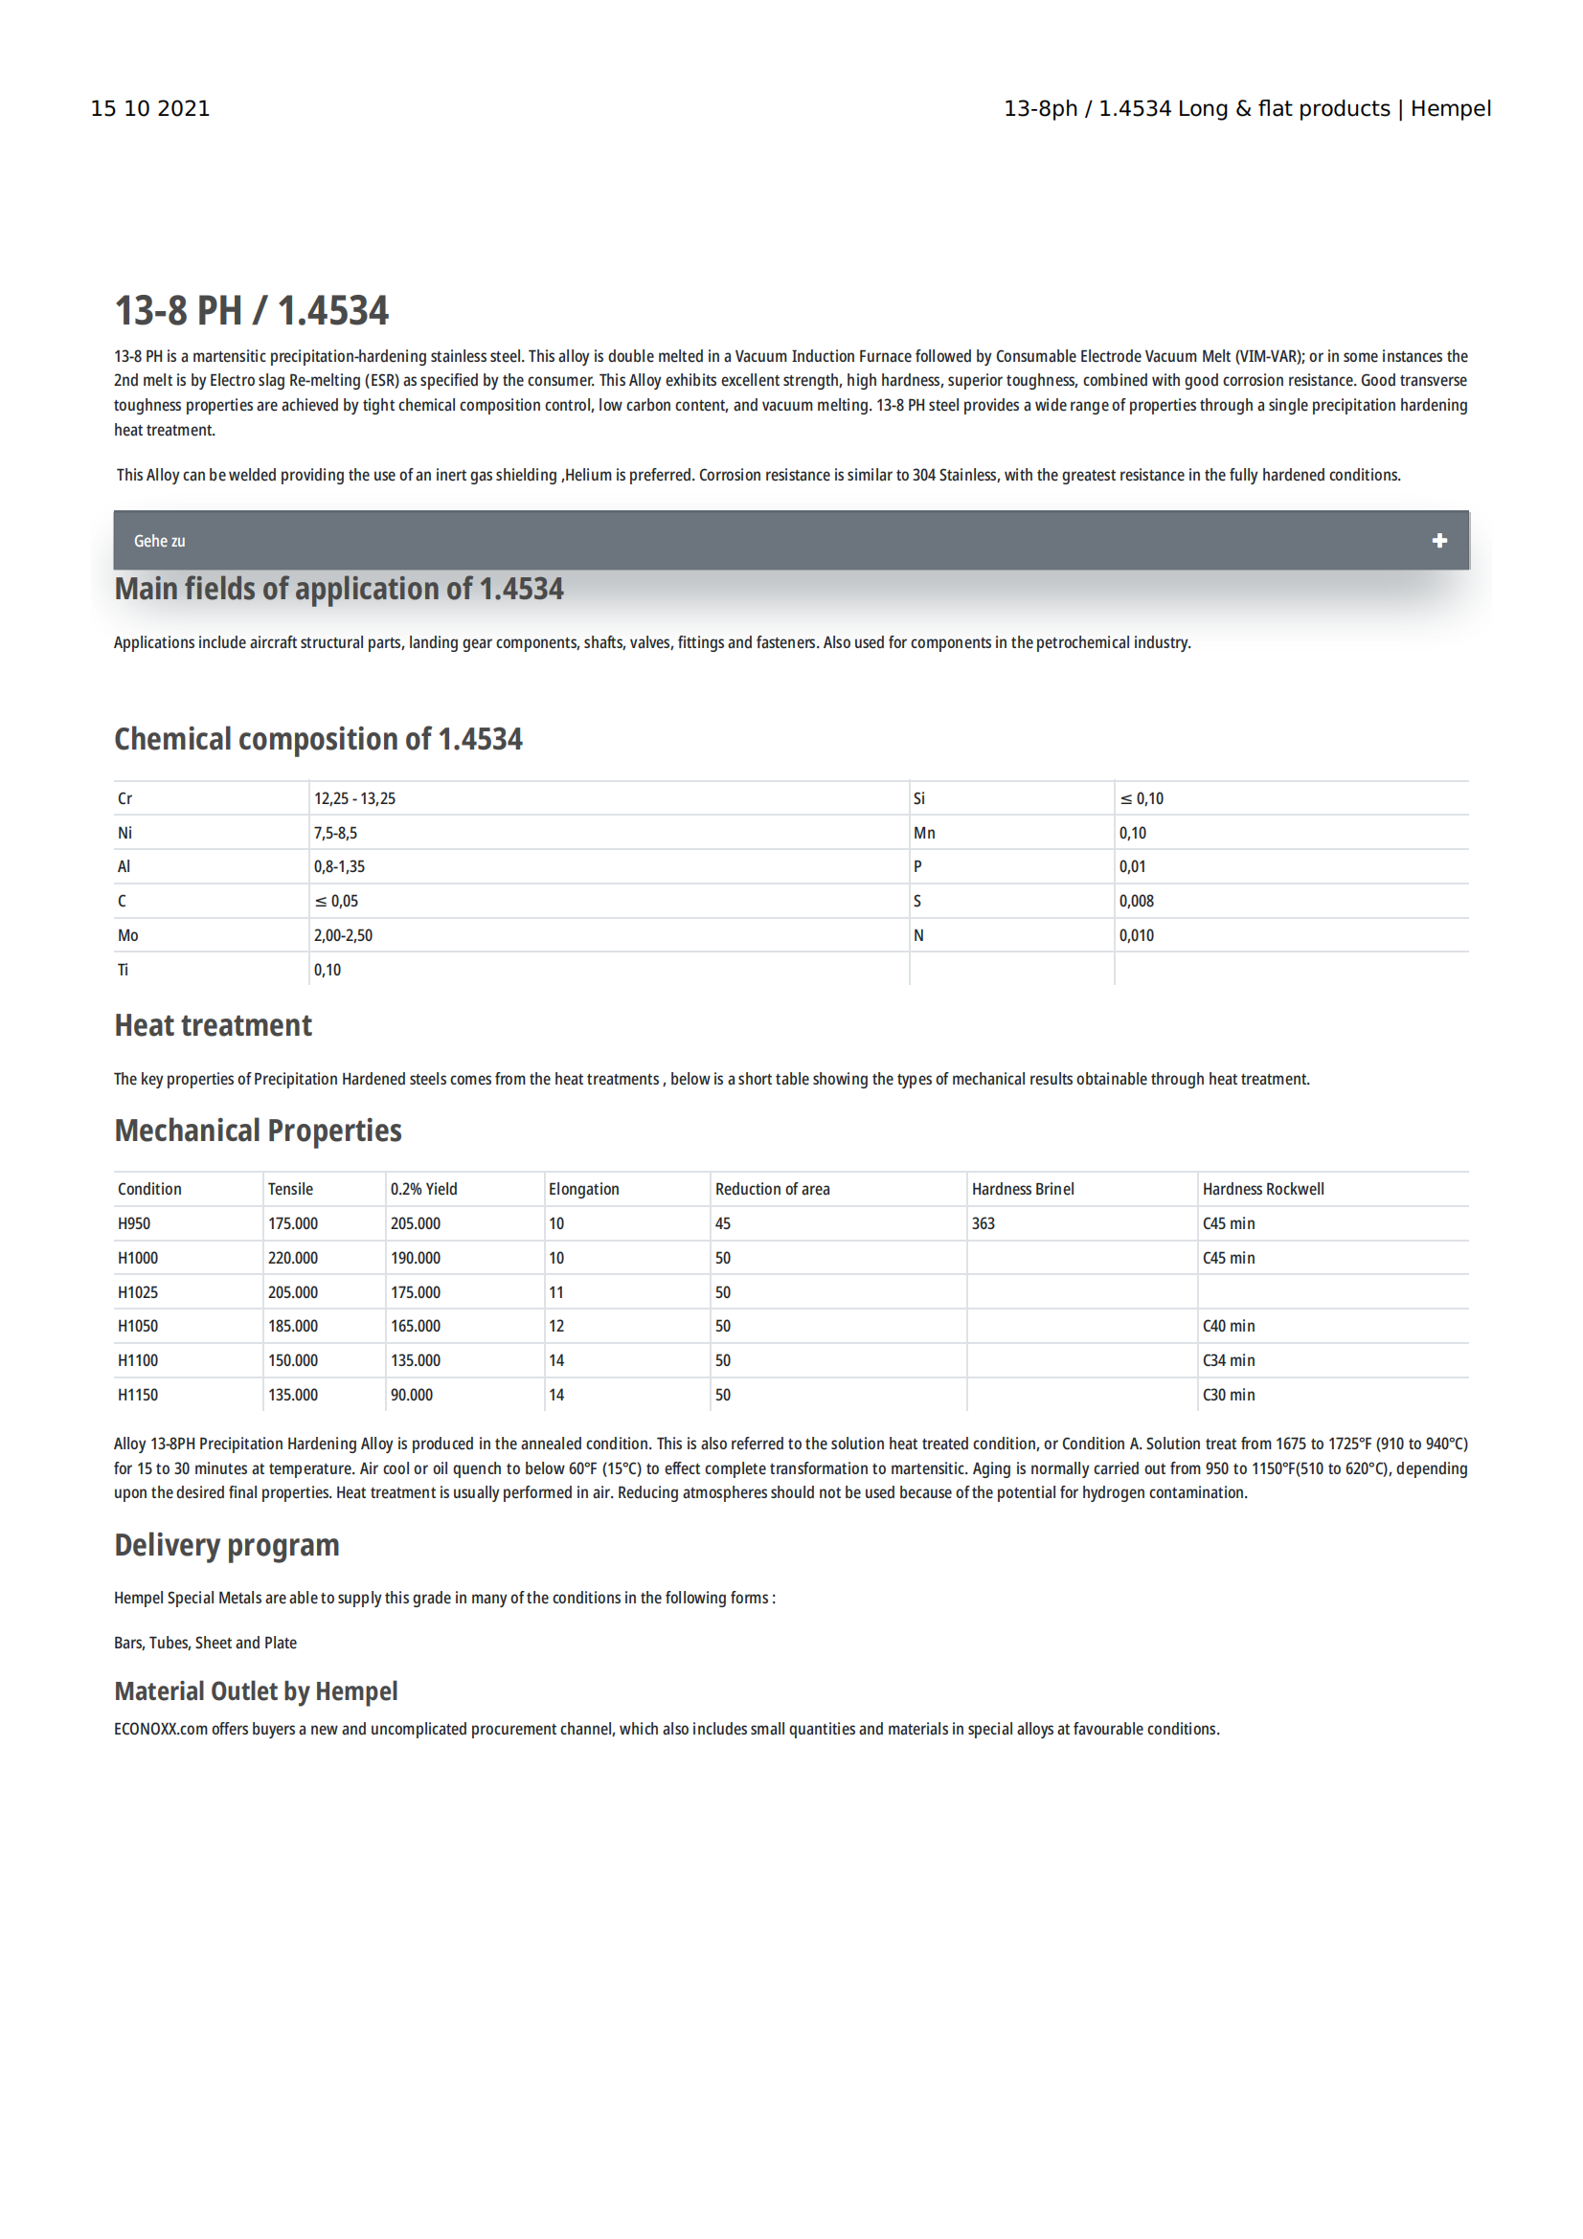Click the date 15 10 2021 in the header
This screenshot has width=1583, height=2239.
pos(150,108)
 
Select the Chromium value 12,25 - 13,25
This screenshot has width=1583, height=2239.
pos(354,798)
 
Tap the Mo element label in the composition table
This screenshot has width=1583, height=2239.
pos(127,935)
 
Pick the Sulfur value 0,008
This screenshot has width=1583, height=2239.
pos(1137,901)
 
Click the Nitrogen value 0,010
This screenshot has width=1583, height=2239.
pos(1137,935)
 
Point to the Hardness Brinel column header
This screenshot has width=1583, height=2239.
pos(1022,1189)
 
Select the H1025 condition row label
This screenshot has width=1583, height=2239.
pos(138,1292)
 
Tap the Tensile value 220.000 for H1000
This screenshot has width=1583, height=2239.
pos(293,1258)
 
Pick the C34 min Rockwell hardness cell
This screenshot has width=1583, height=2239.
pos(1228,1360)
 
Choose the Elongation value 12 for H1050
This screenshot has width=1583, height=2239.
pos(556,1326)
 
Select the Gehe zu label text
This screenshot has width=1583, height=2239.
pos(159,540)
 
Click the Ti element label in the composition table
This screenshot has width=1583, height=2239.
pos(123,970)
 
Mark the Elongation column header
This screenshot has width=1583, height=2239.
pos(583,1189)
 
